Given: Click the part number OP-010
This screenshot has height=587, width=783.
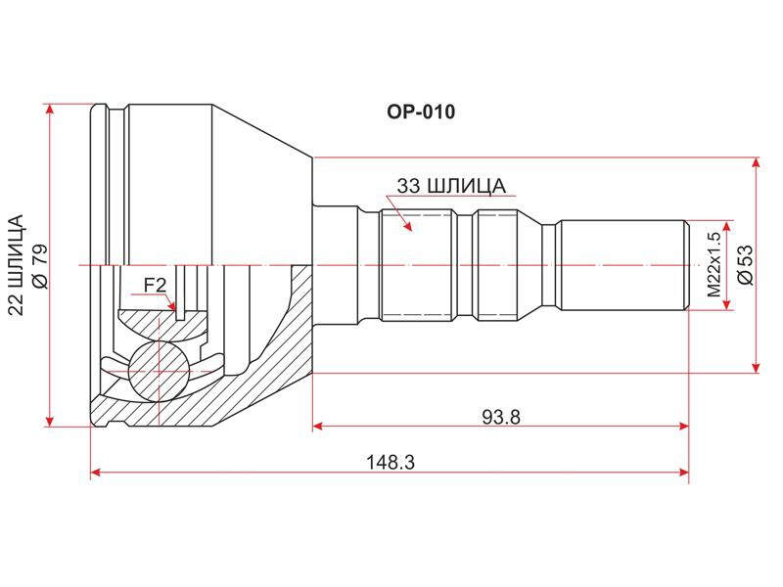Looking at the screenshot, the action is [x=421, y=112].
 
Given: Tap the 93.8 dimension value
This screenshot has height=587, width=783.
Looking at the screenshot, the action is [x=501, y=417].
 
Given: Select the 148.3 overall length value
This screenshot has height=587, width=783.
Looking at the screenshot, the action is [x=391, y=463].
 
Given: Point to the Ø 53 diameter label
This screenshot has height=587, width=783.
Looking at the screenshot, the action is [x=745, y=264].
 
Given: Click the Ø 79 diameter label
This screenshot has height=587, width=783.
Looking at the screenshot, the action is [x=39, y=266].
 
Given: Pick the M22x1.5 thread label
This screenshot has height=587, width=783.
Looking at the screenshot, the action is [x=714, y=265].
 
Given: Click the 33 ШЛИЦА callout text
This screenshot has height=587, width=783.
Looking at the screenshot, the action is [x=451, y=186].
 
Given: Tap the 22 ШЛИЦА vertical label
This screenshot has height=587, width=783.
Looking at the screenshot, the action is [x=18, y=265].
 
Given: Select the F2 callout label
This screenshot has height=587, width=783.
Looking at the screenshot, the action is [x=155, y=286].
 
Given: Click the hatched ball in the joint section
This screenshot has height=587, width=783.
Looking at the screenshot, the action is [x=159, y=371].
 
